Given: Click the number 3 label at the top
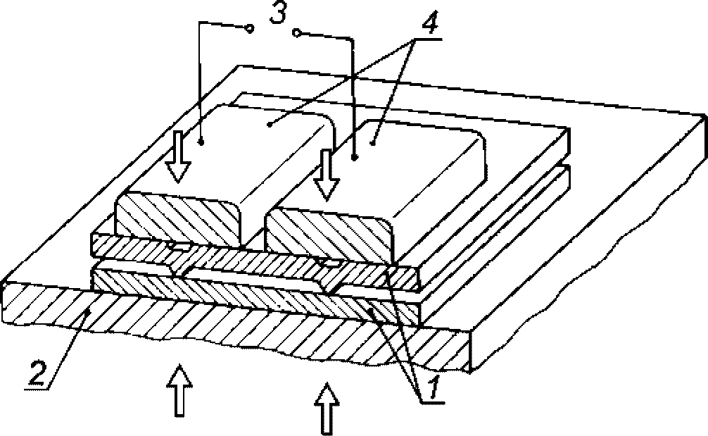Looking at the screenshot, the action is [278, 13].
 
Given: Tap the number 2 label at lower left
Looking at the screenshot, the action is [37, 373].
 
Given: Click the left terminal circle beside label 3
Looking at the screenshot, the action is [249, 29].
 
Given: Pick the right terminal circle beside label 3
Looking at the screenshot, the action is [296, 33].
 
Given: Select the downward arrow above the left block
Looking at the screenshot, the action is [178, 156].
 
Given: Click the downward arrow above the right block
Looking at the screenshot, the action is [327, 175].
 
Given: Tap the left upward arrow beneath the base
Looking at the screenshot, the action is [179, 390].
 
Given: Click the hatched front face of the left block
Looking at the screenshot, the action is [178, 218].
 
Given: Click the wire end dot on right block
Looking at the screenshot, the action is [355, 158].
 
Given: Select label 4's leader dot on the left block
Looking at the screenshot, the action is [270, 123].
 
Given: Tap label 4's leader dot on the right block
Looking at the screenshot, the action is [373, 144].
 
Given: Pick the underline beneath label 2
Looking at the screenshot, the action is [37, 387].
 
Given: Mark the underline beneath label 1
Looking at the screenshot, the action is [432, 402].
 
